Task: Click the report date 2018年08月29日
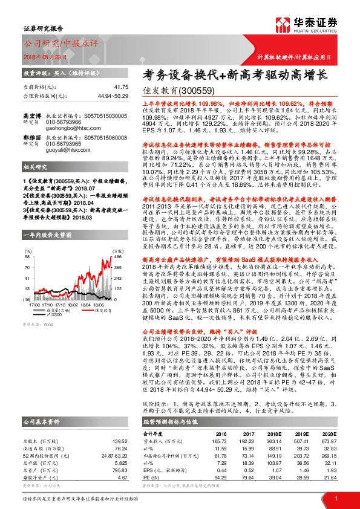[45, 56]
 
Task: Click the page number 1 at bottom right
[336, 498]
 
